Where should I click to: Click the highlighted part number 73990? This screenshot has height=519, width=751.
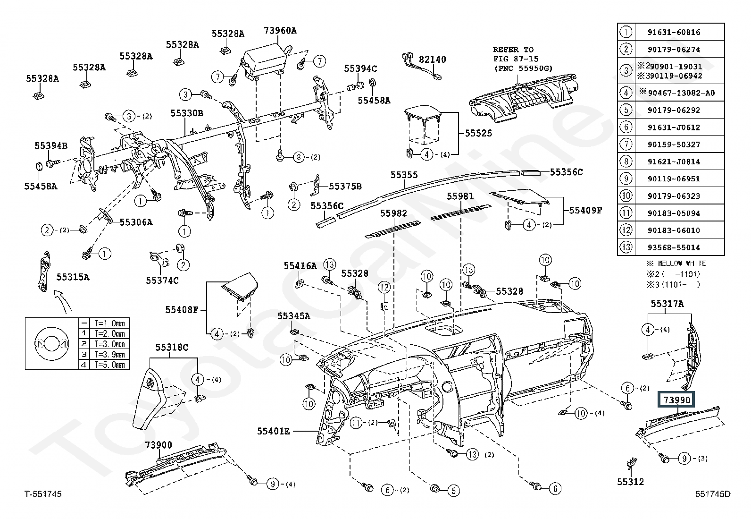click(677, 400)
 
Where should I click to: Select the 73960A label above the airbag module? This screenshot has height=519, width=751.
click(280, 31)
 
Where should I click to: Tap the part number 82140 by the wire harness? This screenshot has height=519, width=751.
click(433, 60)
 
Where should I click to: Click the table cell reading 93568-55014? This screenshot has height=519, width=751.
click(674, 247)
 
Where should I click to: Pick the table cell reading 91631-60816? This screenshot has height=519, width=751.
click(674, 32)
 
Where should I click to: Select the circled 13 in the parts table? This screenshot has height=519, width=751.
click(626, 247)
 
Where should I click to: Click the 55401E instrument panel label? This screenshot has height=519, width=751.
click(273, 431)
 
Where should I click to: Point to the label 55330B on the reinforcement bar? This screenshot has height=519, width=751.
click(187, 113)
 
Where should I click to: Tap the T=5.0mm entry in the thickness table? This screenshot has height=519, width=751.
click(109, 365)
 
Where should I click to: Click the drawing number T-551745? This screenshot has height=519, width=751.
click(43, 494)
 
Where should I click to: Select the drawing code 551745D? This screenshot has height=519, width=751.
click(713, 494)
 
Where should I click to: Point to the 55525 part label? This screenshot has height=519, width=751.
click(478, 133)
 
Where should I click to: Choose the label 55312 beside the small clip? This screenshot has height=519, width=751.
click(630, 482)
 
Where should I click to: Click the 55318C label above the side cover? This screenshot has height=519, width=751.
click(172, 347)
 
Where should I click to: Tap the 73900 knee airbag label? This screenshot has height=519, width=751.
click(158, 445)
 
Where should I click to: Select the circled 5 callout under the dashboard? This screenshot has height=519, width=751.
click(453, 491)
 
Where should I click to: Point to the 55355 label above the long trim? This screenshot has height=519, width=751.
click(404, 175)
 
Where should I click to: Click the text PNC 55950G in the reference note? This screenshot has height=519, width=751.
click(525, 68)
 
